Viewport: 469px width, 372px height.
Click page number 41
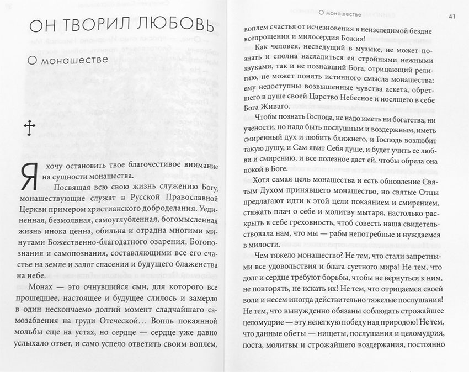coord(451,15)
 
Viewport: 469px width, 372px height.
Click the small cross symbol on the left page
coord(28,129)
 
